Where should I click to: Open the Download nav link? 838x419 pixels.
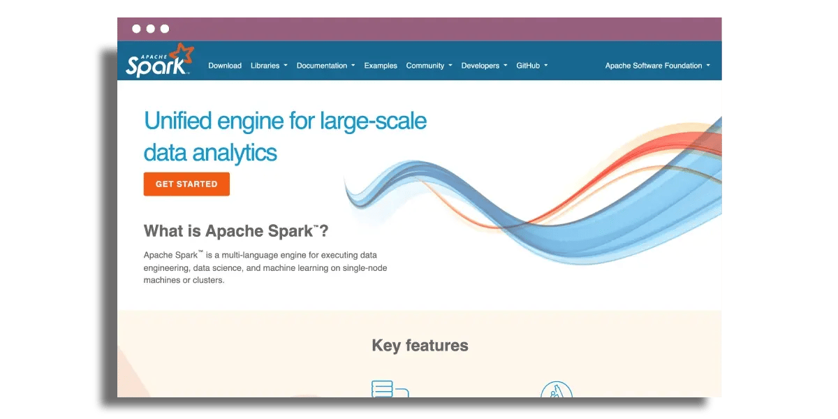tap(225, 66)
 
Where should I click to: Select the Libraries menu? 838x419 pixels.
tap(269, 66)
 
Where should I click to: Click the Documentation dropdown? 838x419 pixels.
tap(325, 66)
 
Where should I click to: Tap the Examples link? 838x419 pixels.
tap(381, 66)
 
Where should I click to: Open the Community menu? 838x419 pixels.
tap(429, 66)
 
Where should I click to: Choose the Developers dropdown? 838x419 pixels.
tap(484, 66)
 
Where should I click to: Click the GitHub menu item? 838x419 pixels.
tap(531, 66)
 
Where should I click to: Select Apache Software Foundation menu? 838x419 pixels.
tap(657, 66)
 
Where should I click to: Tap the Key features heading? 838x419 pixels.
tap(420, 345)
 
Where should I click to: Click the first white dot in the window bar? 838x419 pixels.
tap(136, 29)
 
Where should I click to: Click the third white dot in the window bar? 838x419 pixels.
tap(165, 29)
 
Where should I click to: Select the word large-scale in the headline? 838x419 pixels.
tap(373, 121)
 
